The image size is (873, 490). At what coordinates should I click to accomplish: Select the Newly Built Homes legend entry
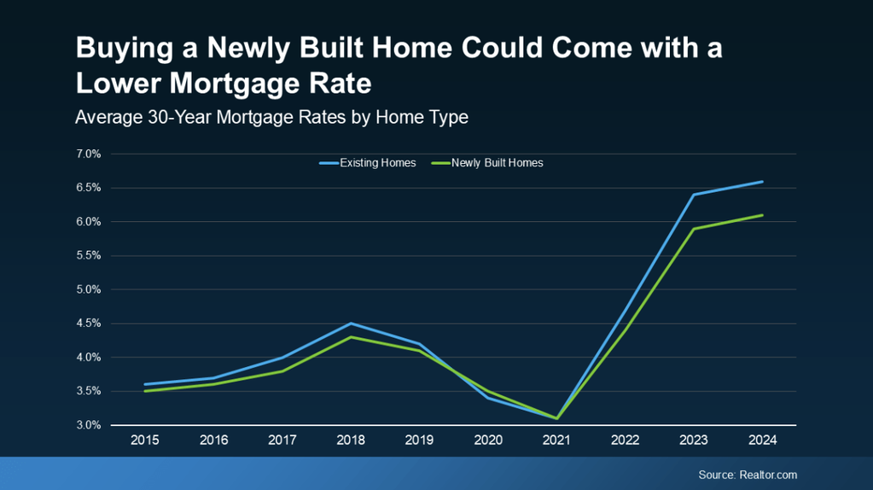497,162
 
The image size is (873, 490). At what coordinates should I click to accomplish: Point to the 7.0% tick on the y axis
89,154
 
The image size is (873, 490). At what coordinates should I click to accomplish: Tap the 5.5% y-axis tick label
89,255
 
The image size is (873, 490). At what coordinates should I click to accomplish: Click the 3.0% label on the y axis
89,425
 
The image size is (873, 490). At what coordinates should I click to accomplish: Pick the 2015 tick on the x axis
144,440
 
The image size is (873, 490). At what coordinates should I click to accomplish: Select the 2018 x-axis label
351,440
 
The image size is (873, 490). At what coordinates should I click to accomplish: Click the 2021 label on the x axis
556,440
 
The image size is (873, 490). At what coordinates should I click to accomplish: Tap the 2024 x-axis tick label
762,440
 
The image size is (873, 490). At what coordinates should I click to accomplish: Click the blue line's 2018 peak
351,324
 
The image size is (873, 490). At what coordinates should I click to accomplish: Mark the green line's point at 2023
694,229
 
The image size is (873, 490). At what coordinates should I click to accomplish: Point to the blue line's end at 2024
762,181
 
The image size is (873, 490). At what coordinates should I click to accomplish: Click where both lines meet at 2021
556,418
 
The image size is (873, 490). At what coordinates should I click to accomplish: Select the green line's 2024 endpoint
762,215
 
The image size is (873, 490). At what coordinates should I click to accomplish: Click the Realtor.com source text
748,475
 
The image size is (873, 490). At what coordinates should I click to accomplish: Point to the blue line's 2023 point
694,195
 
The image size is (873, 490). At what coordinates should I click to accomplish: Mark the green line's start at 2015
144,391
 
